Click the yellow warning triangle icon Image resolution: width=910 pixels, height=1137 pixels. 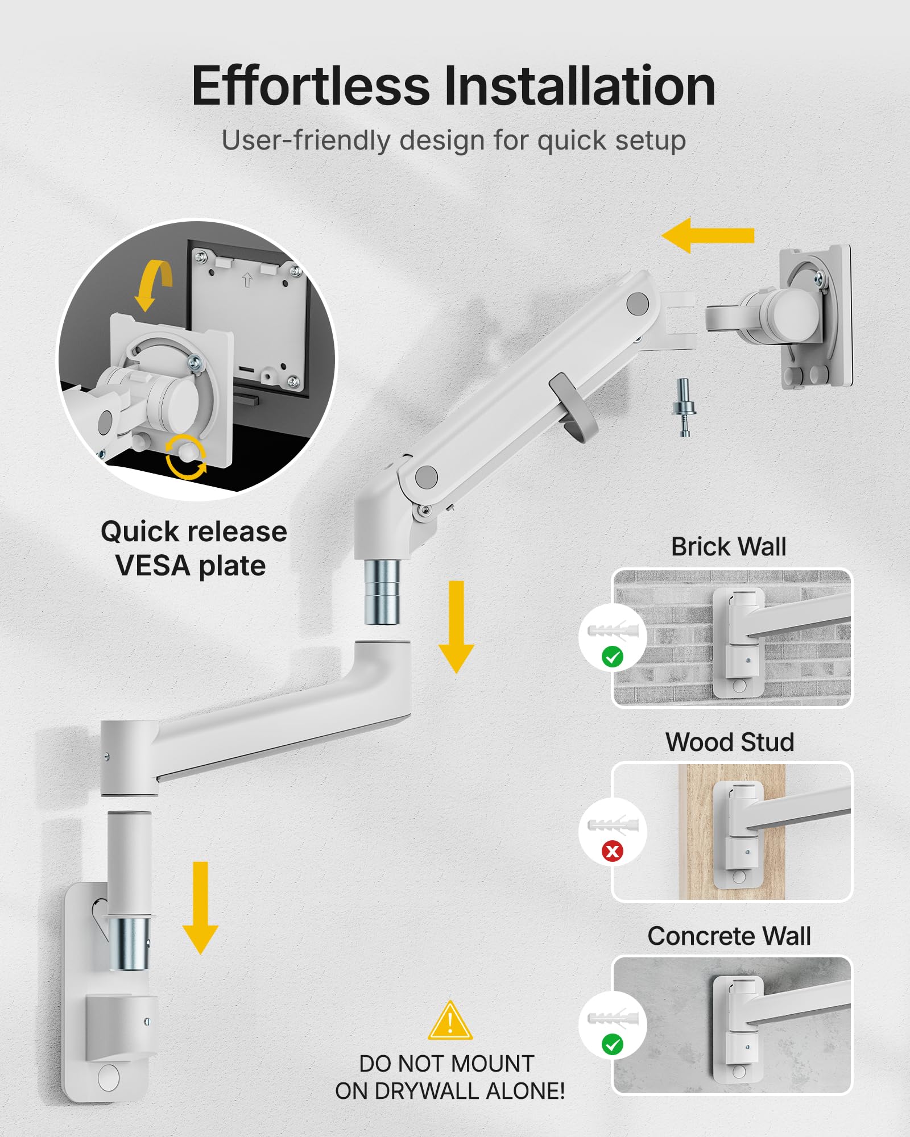point(450,1022)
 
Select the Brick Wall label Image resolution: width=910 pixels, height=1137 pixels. point(729,547)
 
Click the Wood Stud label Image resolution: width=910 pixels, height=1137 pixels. point(730,742)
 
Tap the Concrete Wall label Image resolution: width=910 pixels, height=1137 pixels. point(729,936)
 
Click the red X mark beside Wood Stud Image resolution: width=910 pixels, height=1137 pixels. point(613,851)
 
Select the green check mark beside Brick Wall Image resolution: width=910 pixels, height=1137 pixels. point(613,657)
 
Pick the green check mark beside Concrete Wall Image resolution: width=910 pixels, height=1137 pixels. point(613,1044)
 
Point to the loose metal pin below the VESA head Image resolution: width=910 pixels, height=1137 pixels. point(684,407)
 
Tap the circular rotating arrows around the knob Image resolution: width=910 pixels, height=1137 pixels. point(186,457)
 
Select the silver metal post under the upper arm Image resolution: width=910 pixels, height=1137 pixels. point(382,592)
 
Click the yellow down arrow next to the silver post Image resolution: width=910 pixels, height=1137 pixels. point(456,626)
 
